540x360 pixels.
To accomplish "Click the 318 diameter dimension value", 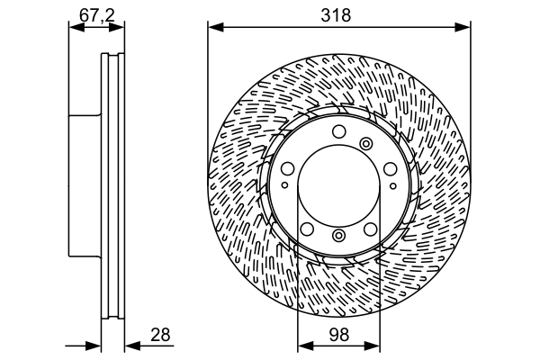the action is click(336, 15).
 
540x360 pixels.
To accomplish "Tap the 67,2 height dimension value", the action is click(97, 14).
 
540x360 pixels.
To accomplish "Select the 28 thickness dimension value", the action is click(160, 335).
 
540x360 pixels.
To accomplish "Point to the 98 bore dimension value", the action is click(339, 335).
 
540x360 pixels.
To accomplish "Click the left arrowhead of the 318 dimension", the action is click(216, 27).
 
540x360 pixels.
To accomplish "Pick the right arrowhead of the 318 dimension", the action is click(463, 27).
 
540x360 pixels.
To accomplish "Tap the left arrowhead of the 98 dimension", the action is click(305, 346).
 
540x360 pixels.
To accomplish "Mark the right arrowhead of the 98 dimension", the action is click(372, 346).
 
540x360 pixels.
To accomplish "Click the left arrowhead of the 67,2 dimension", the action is click(76, 27).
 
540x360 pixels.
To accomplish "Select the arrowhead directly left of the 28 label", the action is click(132, 346).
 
